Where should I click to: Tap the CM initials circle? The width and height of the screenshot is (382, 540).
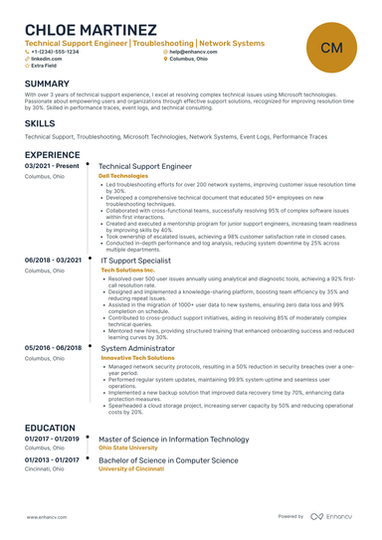click(332, 48)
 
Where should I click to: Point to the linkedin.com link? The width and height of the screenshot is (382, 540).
click(46, 59)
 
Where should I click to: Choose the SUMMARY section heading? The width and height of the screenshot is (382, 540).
click(47, 84)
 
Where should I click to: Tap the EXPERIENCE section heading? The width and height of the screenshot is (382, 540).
click(52, 156)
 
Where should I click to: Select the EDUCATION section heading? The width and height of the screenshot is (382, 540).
click(50, 428)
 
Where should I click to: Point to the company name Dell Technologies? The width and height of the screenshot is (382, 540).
click(124, 176)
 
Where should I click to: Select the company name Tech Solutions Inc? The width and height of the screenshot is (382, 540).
click(127, 270)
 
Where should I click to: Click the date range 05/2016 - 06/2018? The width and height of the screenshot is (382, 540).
click(52, 347)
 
